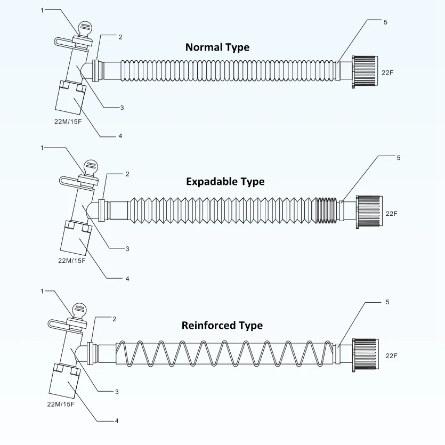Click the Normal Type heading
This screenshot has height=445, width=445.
tap(217, 47)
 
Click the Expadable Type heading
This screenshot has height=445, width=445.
tap(225, 182)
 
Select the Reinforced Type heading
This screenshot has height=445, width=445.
tap(222, 325)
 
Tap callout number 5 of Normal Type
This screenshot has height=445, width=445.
tap(385, 22)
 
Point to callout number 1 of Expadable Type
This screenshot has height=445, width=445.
tap(42, 148)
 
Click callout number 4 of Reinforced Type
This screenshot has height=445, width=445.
tap(117, 421)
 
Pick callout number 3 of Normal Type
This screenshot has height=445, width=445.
tap(122, 108)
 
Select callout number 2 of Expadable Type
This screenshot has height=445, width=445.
tap(127, 174)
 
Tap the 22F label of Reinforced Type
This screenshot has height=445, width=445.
tap(391, 355)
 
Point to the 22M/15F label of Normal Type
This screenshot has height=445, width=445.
tap(69, 122)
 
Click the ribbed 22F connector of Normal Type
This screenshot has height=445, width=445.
tap(365, 72)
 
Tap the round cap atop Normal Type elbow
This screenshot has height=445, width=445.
tap(85, 29)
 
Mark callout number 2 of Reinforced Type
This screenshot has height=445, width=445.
tap(114, 319)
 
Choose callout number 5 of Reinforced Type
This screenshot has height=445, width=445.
tap(387, 302)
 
